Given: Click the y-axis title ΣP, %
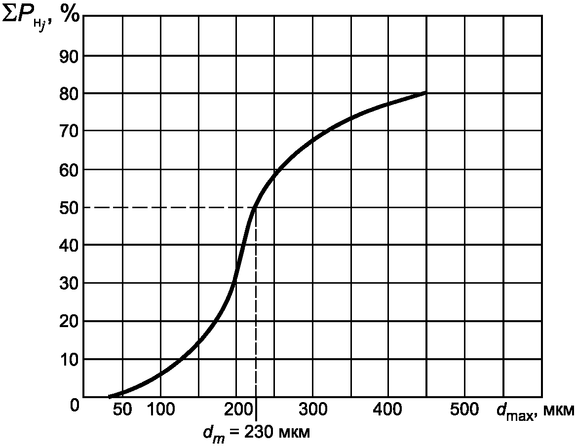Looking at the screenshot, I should [x=40, y=19].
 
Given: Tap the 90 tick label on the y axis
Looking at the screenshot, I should [x=69, y=55].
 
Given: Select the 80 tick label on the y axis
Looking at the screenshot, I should [x=69, y=93].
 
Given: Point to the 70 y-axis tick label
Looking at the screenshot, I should [x=69, y=131].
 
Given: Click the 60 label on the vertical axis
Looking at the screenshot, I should [x=69, y=169].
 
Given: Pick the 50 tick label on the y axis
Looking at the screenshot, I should [x=69, y=207].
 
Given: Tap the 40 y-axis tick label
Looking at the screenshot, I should [x=69, y=245].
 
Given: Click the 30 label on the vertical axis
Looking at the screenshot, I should [x=69, y=283].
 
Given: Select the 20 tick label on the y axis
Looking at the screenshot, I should [x=69, y=321].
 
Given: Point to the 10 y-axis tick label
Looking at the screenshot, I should [x=69, y=359].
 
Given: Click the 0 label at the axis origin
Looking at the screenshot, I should [x=74, y=406].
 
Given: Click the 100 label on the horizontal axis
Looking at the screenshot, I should [x=160, y=410].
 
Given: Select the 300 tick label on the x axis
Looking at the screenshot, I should [x=312, y=410].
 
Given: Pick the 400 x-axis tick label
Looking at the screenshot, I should [x=388, y=410].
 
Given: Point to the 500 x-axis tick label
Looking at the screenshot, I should [x=464, y=410].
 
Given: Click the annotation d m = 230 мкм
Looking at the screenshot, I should [x=256, y=433].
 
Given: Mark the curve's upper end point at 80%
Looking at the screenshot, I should [x=425, y=93].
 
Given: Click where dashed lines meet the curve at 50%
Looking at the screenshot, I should [x=255, y=208].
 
